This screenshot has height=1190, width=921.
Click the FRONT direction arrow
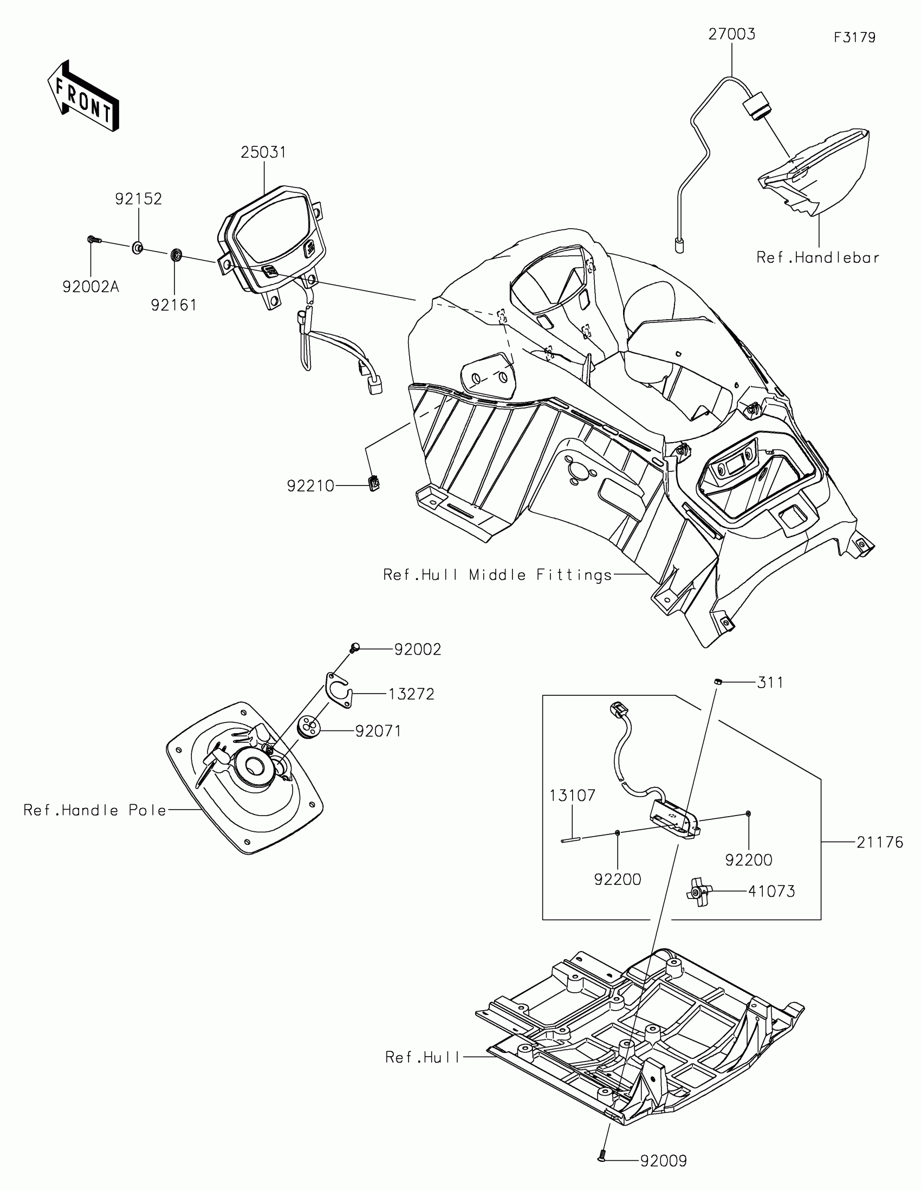[x=83, y=95]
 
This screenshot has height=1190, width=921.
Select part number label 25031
[x=263, y=153]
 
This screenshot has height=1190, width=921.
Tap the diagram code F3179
[x=854, y=37]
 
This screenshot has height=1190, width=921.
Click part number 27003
[x=731, y=34]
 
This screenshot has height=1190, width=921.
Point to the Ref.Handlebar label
[x=818, y=258]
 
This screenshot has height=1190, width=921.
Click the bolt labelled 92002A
[x=93, y=239]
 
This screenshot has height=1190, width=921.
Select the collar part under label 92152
[x=137, y=249]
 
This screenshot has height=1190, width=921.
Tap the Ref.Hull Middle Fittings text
[x=498, y=575]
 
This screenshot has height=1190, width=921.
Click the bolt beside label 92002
[x=354, y=649]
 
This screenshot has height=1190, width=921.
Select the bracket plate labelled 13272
[x=339, y=690]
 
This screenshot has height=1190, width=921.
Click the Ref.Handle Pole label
[x=95, y=810]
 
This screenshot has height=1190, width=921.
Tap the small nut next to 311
[x=718, y=681]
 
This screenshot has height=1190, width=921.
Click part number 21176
[x=880, y=842]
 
